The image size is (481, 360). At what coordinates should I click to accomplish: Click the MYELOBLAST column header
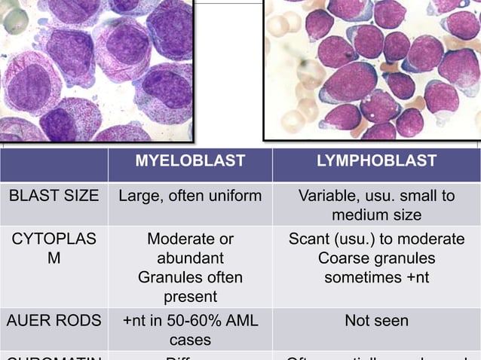190,160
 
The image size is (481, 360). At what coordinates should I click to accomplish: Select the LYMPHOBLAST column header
377,160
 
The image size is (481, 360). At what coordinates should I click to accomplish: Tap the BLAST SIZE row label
54,196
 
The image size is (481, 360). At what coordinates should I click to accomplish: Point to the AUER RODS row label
54,321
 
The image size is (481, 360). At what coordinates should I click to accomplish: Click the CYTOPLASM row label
54,249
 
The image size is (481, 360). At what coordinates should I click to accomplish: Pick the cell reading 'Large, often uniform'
190,196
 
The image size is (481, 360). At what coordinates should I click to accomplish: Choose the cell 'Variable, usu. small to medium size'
377,206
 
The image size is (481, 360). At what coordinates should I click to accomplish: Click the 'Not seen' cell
377,321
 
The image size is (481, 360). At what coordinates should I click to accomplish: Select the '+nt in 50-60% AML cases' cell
190,331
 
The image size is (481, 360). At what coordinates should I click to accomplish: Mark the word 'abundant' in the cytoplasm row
190,258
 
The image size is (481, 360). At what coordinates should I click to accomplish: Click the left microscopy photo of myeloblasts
96,69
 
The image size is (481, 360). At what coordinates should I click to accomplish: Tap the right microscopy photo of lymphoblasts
372,69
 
